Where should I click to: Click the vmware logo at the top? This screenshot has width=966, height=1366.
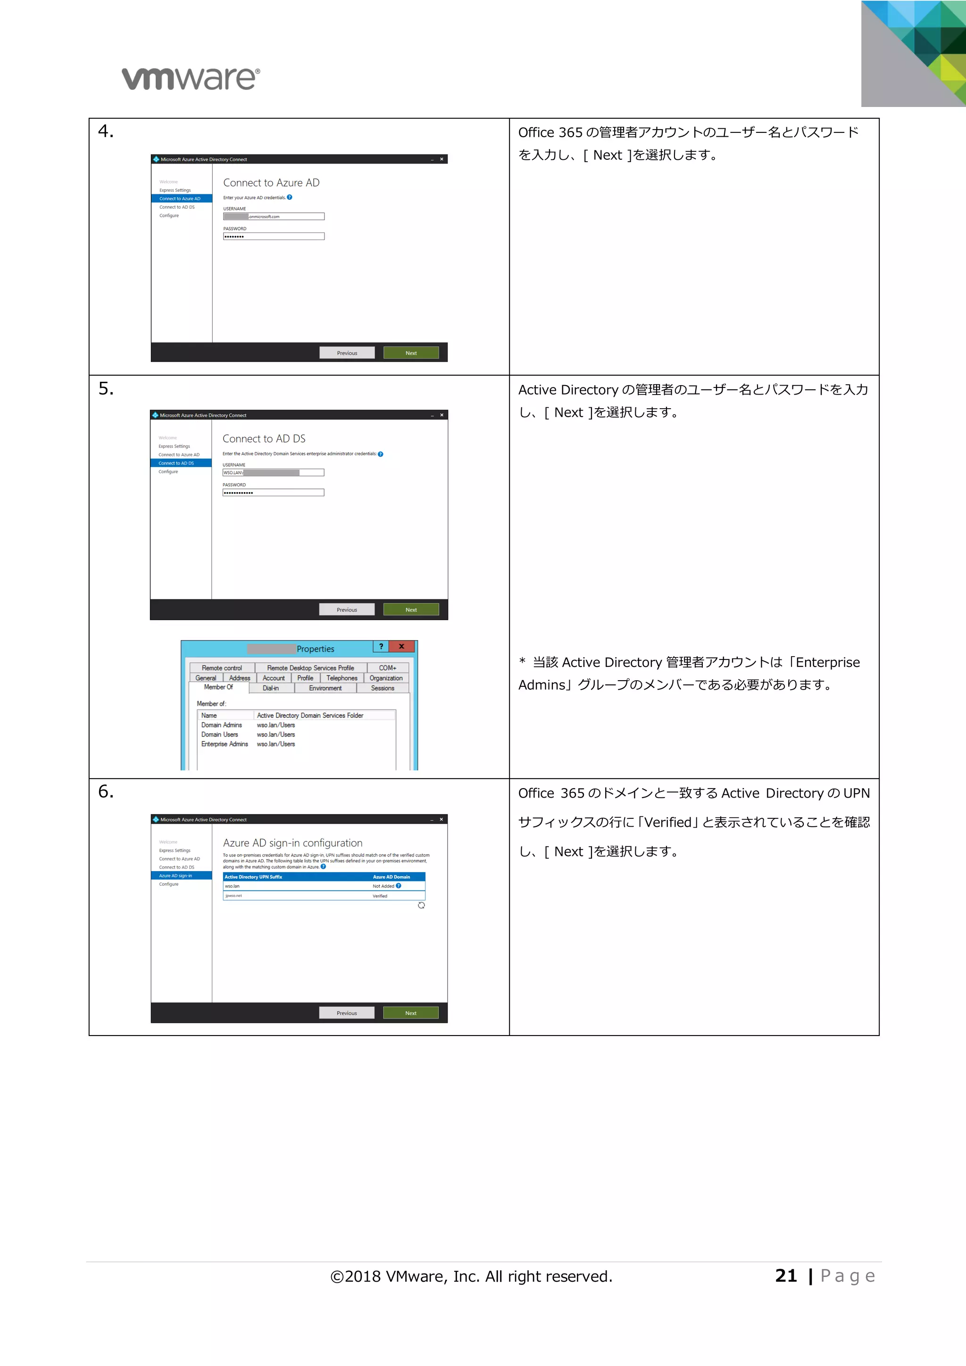tap(191, 79)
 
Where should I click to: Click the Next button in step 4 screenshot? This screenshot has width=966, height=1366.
tap(411, 353)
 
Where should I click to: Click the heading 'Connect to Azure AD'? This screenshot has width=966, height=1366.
tap(271, 182)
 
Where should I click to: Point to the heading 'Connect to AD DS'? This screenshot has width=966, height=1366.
tap(264, 438)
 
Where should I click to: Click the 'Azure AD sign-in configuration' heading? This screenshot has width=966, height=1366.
tap(292, 843)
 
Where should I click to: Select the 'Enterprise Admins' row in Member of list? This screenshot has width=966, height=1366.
tap(225, 744)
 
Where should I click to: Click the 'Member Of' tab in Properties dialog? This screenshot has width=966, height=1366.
tap(218, 687)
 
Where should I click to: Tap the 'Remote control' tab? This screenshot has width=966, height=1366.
tap(221, 668)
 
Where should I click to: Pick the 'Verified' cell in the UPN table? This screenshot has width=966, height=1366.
tap(380, 896)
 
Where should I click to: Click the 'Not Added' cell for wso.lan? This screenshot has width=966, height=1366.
tap(383, 886)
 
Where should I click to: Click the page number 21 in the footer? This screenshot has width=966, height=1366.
tap(786, 1275)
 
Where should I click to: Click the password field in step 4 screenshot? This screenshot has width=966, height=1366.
tap(274, 237)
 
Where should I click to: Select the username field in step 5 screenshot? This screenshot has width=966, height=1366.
tap(273, 473)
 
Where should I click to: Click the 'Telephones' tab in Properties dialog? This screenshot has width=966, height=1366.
tap(341, 678)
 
